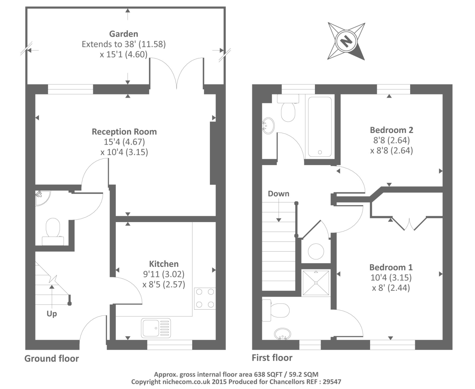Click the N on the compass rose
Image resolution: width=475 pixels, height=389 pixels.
click(346, 41)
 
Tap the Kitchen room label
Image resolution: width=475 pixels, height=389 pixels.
click(164, 264)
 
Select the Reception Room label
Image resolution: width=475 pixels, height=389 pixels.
click(124, 132)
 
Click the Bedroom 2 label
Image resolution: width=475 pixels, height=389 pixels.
click(391, 130)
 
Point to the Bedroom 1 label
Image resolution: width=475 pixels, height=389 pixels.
click(391, 267)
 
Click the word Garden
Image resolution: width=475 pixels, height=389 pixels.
click(124, 34)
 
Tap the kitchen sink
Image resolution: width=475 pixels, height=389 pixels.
click(156, 328)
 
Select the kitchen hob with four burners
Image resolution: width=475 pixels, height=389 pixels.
click(205, 299)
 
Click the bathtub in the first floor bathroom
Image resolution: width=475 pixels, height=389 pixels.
click(320, 127)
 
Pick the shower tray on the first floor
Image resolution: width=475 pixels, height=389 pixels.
click(316, 283)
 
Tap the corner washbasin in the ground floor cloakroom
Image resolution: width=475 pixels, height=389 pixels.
click(42, 198)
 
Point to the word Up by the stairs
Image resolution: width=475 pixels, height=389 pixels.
click(52, 314)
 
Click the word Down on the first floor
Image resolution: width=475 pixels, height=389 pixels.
click(278, 194)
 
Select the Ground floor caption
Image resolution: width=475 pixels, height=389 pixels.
click(52, 358)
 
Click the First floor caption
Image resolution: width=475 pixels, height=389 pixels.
click(272, 358)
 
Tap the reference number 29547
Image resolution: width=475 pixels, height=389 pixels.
click(332, 382)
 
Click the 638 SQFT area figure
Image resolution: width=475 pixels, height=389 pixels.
click(268, 374)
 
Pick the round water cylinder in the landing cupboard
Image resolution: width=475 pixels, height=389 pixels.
click(316, 251)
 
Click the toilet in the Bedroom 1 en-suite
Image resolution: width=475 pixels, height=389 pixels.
click(276, 310)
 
